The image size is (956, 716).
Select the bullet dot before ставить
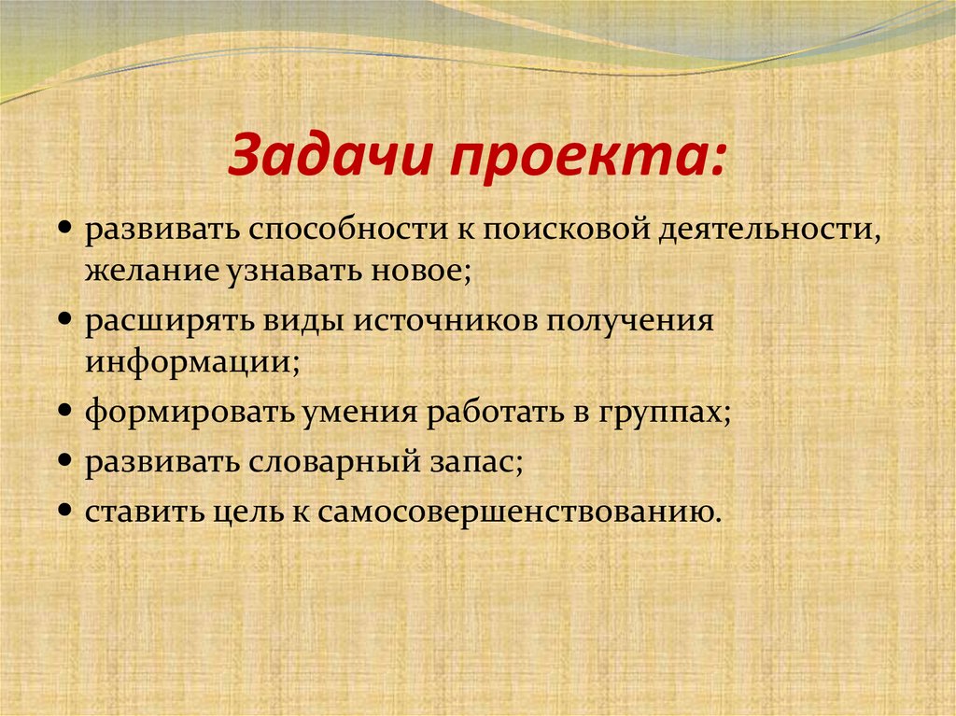click(71, 509)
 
